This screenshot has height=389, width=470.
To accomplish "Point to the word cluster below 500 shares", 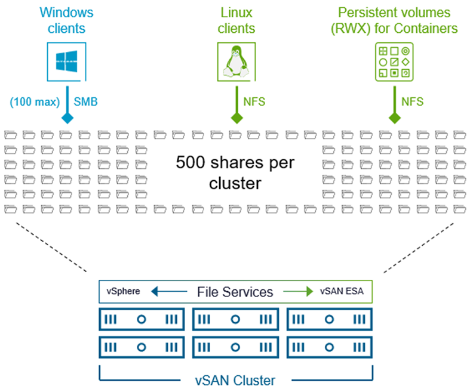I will coord(235,183).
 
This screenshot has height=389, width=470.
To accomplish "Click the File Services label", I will coord(235,292).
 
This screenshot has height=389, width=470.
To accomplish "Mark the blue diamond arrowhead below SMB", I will coord(67,119).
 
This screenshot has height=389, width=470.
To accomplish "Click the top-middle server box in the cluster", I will coord(235,319).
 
